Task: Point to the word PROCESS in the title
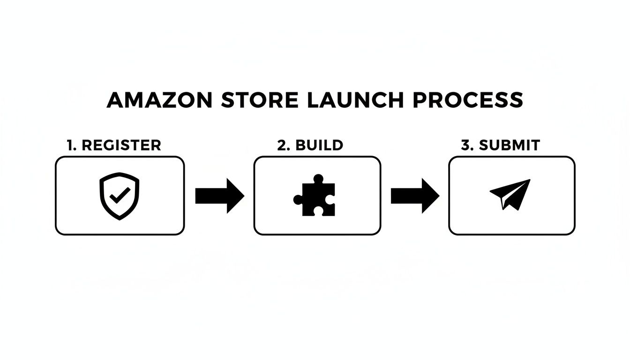click(x=467, y=100)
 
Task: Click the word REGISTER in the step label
click(x=121, y=145)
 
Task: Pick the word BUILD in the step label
click(x=319, y=145)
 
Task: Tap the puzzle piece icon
click(x=315, y=196)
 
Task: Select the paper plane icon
click(x=511, y=194)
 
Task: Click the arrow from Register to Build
click(x=219, y=195)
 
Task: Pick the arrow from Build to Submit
click(x=415, y=195)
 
